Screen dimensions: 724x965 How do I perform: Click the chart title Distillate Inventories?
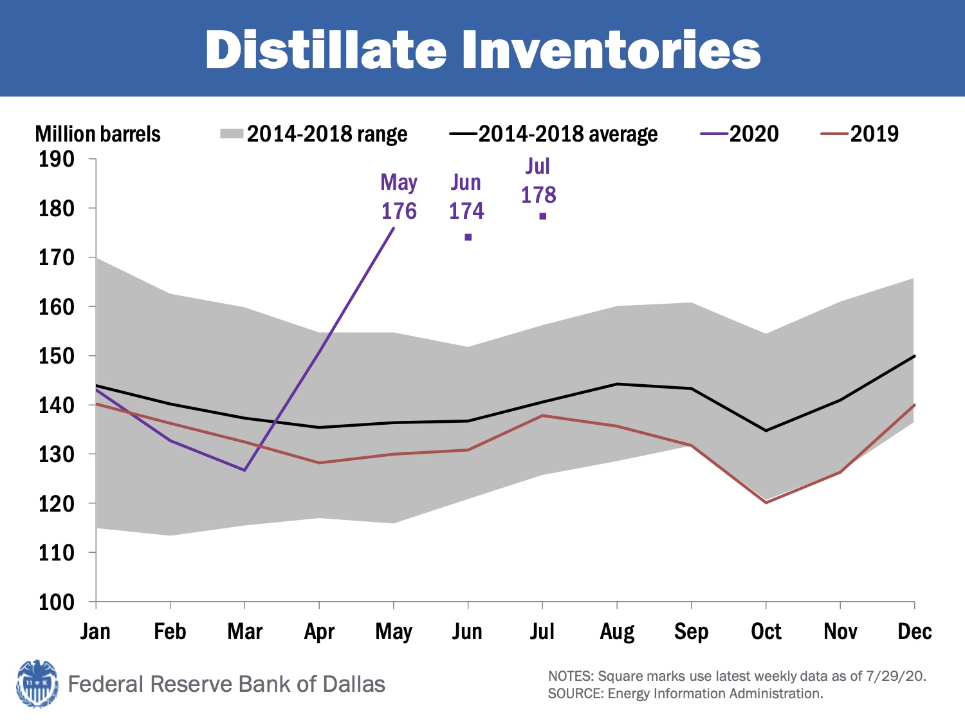(482, 50)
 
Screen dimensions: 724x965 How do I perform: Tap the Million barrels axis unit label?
(98, 134)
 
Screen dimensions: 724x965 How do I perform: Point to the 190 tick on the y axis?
(57, 159)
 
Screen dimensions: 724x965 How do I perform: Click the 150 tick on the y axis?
(57, 356)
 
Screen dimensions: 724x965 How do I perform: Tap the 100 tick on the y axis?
(57, 602)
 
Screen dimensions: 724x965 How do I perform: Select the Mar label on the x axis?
(245, 631)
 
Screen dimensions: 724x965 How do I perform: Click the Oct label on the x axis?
(766, 631)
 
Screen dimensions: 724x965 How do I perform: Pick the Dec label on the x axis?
(914, 631)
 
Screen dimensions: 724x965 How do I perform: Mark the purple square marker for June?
(468, 237)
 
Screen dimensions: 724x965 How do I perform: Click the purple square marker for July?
(543, 216)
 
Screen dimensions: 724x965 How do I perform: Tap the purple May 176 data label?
(399, 197)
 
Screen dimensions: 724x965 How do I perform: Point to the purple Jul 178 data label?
(538, 181)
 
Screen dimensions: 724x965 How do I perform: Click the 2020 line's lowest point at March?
(245, 470)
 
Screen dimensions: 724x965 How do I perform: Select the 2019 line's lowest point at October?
(766, 503)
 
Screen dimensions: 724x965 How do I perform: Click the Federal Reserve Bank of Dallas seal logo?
(37, 683)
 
